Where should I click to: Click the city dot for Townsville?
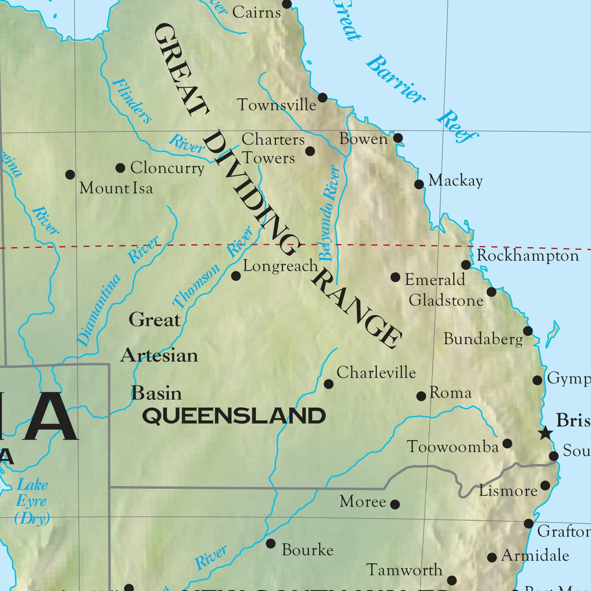(322, 97)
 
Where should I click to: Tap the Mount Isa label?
(116, 188)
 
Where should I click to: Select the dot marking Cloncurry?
(120, 168)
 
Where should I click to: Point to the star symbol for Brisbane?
(545, 432)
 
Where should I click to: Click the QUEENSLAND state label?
(234, 416)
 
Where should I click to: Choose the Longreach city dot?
(236, 276)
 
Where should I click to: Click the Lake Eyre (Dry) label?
(32, 501)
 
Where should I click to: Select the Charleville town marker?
(329, 384)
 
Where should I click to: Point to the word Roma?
(450, 393)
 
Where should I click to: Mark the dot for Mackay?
(419, 184)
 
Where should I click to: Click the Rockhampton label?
(528, 256)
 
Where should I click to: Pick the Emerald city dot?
(395, 277)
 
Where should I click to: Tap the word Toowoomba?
(453, 446)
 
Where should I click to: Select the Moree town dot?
(395, 504)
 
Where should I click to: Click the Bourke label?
(308, 550)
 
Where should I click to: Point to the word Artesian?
(159, 355)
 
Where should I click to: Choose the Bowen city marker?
(398, 138)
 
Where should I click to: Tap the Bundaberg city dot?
(528, 331)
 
